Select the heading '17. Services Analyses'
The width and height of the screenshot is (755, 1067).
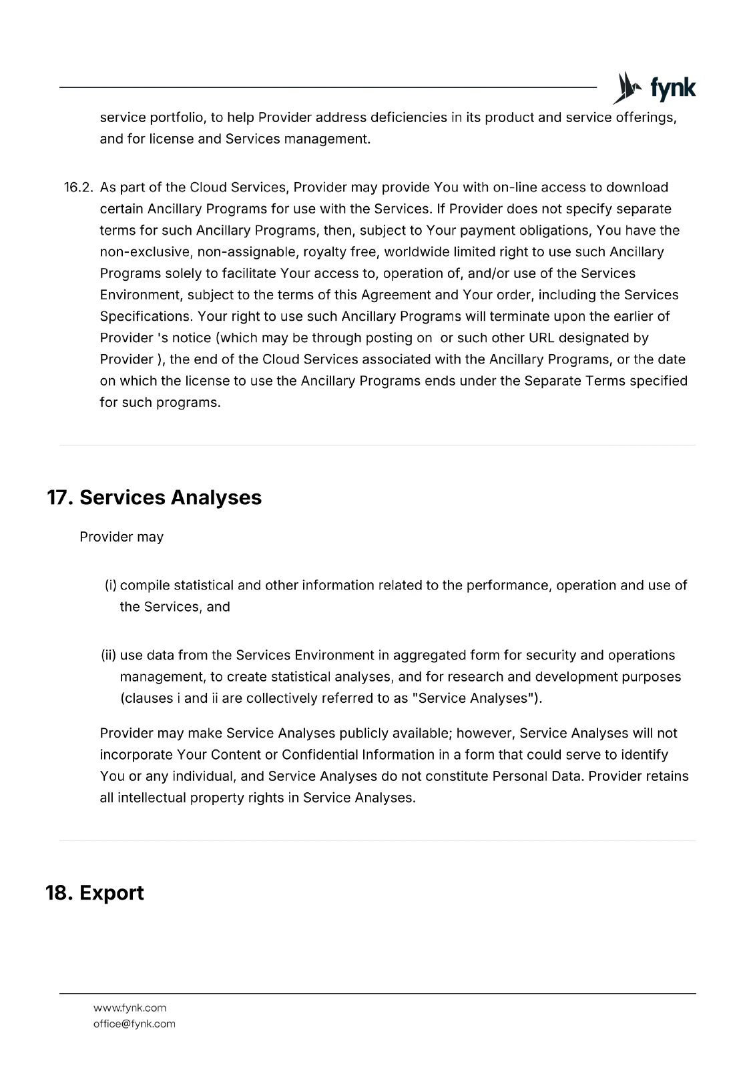point(154,497)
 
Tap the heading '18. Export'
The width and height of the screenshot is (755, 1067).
point(95,893)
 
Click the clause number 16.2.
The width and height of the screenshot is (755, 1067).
point(77,187)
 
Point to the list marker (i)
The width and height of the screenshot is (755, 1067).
point(111,586)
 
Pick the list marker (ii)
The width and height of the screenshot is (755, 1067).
point(109,656)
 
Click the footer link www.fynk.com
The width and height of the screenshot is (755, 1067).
point(130,1008)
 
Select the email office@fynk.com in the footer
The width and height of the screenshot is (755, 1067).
point(134,1024)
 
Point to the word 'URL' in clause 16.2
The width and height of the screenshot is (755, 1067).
point(541,338)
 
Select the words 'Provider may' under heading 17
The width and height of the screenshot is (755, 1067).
point(121,538)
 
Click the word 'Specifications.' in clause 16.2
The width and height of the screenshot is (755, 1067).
point(147,316)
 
